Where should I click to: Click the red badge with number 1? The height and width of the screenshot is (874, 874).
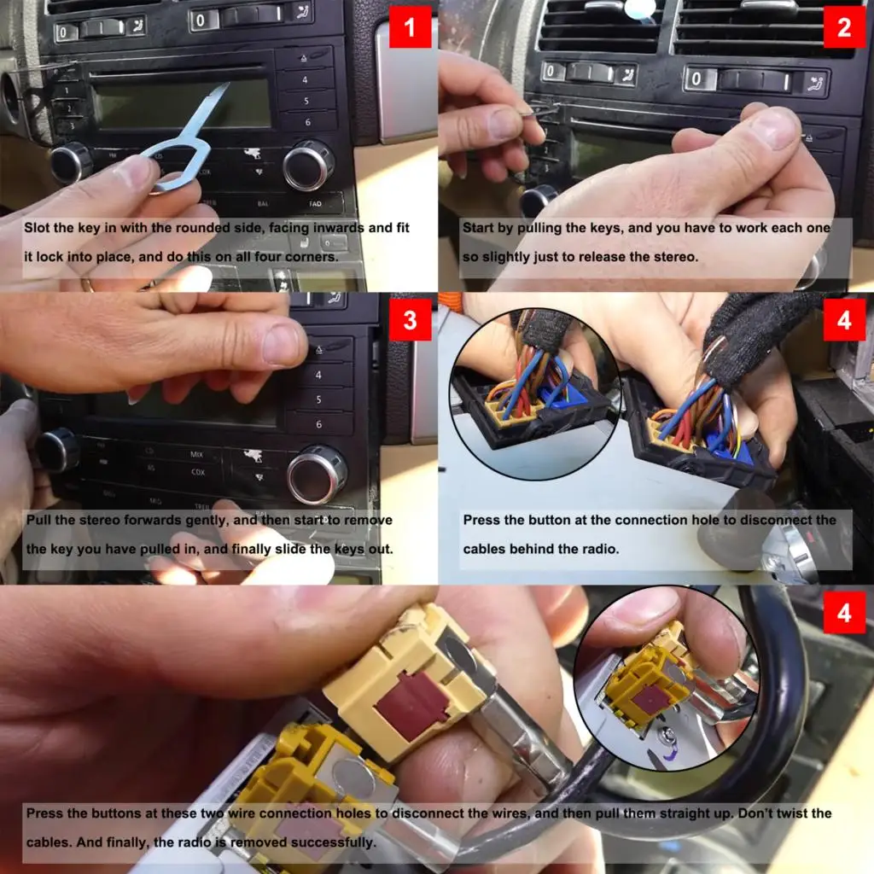click(x=411, y=27)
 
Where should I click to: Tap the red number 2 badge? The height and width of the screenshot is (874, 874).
click(x=844, y=27)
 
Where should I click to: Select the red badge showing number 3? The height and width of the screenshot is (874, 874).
click(x=411, y=320)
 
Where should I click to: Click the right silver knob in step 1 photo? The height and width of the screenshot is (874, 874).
click(x=308, y=165)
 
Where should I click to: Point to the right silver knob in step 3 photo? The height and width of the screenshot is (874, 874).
click(x=317, y=475)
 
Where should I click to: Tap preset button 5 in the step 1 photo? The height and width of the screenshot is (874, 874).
click(x=306, y=101)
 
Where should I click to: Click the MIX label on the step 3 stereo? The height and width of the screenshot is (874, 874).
click(x=197, y=455)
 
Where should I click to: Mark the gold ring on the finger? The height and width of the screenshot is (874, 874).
click(x=89, y=285)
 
